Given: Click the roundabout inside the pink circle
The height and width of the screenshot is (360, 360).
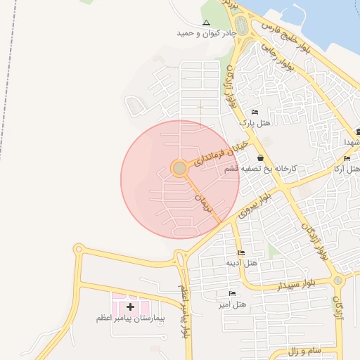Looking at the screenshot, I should point(179,168).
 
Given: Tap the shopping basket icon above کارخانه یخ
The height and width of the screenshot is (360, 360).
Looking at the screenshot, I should point(261,158).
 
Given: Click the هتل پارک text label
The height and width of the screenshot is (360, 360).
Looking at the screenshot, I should point(255,122).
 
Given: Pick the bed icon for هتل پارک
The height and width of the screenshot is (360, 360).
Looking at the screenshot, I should point(255,112).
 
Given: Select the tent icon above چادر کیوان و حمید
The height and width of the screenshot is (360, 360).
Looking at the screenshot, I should point(206,23).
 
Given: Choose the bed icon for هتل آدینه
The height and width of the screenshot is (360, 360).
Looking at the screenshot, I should point(241,252).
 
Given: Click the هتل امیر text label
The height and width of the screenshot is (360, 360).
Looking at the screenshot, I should point(232,304).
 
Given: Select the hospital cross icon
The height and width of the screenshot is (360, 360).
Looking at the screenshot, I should point(130,307).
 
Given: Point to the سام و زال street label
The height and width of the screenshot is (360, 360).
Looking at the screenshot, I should point(305,349).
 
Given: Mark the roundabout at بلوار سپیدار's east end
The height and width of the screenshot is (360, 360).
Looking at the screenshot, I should point(339,281).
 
